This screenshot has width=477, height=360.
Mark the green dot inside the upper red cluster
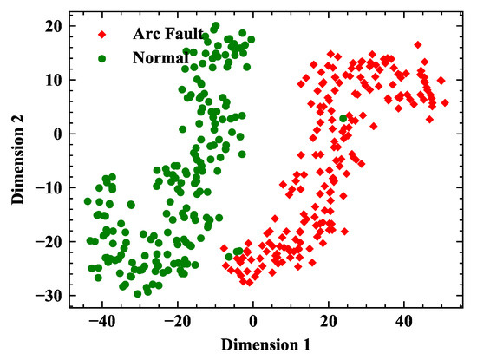click(344, 118)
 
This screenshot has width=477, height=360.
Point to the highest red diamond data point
click(418, 44)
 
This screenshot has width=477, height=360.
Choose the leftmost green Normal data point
click(88, 202)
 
